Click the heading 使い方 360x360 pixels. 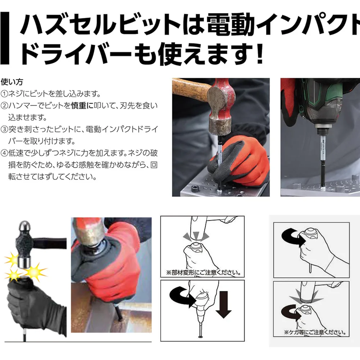[12, 82]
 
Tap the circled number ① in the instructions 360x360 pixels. [4, 94]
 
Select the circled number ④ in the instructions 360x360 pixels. [4, 153]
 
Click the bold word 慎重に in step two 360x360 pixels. [82, 106]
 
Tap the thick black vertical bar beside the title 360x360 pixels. [5, 38]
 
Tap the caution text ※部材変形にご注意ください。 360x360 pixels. [204, 273]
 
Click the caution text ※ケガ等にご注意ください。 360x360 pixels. [315, 332]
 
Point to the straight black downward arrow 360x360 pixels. [223, 305]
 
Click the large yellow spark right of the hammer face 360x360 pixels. [35, 272]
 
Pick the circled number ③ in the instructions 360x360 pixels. [4, 129]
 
